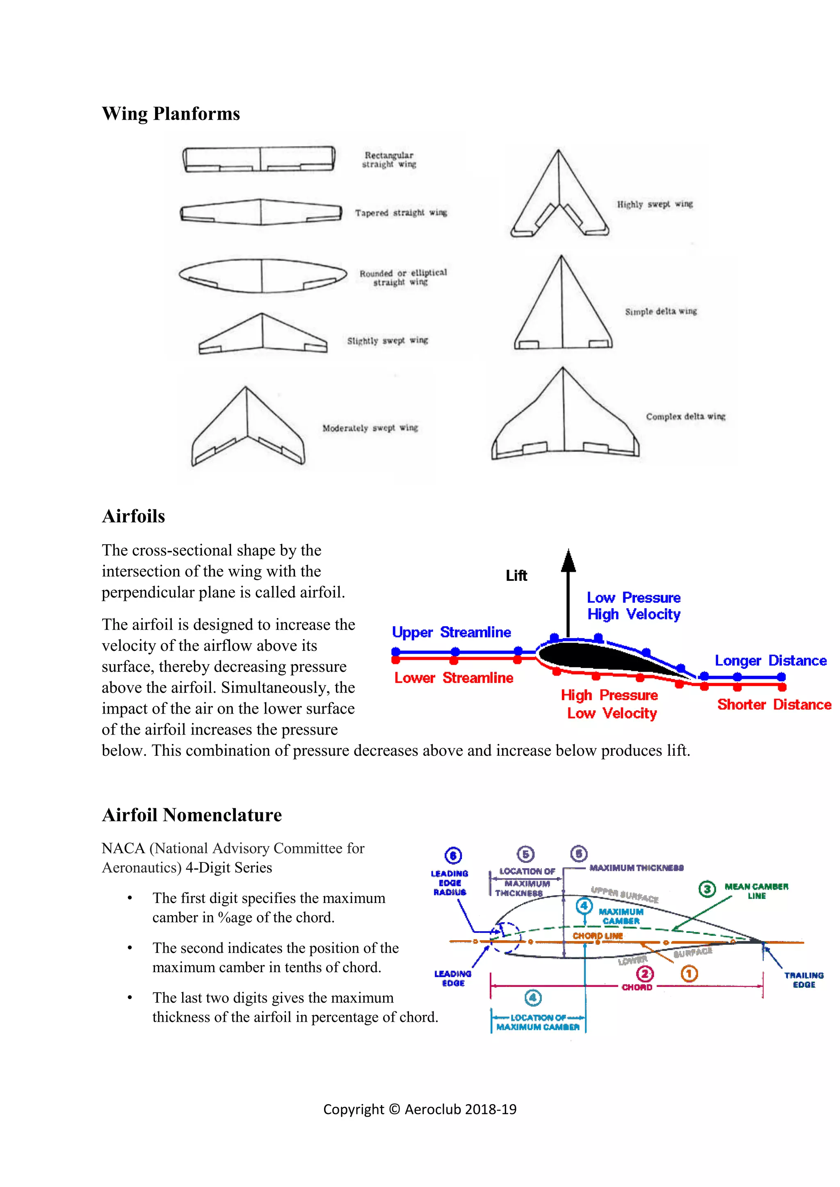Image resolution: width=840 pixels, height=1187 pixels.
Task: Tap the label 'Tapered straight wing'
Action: (401, 212)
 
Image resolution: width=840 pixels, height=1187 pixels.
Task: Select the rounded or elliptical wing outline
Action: (262, 275)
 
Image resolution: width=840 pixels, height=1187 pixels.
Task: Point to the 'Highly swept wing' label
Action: (654, 204)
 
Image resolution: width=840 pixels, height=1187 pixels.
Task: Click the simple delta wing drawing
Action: (563, 310)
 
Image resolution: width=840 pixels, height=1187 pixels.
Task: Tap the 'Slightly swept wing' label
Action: (388, 341)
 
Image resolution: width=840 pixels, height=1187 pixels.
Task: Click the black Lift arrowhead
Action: (568, 562)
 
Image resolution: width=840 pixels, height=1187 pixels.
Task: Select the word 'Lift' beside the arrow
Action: (516, 575)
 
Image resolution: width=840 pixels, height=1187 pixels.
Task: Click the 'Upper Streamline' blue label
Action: (451, 632)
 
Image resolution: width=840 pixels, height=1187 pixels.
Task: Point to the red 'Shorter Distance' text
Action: (774, 705)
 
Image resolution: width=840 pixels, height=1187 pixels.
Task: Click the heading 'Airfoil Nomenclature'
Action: (192, 815)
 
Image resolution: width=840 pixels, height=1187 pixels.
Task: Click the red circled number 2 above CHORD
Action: (644, 974)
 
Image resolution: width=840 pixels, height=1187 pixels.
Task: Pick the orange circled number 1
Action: (689, 973)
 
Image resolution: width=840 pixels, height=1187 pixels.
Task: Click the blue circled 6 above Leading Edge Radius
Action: (453, 855)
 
